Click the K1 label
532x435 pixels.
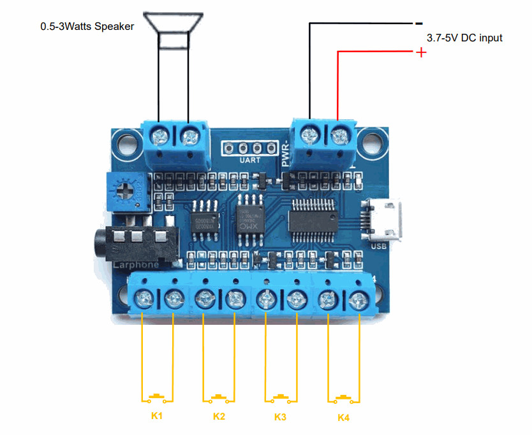pyautogui.click(x=157, y=416)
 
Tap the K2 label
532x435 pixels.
pyautogui.click(x=219, y=417)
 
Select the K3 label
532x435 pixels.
pyautogui.click(x=280, y=417)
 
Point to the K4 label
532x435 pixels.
pyautogui.click(x=343, y=418)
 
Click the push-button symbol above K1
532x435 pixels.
pyautogui.click(x=157, y=399)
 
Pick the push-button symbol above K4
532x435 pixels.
pyautogui.click(x=344, y=399)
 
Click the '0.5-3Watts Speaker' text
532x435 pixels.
pyautogui.click(x=87, y=27)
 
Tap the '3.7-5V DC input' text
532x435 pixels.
pyautogui.click(x=464, y=38)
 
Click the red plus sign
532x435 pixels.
pyautogui.click(x=421, y=53)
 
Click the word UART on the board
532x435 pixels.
pyautogui.click(x=249, y=160)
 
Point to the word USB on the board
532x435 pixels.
pyautogui.click(x=378, y=246)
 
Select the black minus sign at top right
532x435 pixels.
pyautogui.click(x=418, y=23)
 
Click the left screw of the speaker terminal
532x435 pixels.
pyautogui.click(x=159, y=134)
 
